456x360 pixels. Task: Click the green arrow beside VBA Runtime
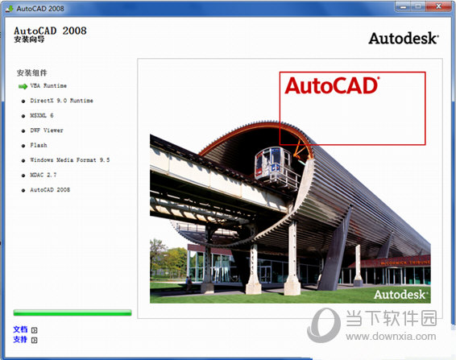[x=23, y=85]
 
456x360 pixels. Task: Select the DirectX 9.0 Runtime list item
[x=61, y=101]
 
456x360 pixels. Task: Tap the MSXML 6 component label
[x=42, y=115]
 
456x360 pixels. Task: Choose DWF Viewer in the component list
[x=47, y=130]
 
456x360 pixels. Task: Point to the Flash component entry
[x=39, y=146]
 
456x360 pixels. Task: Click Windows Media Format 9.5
[x=69, y=160]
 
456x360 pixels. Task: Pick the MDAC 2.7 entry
[x=44, y=175]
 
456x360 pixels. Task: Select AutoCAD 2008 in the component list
[x=50, y=190]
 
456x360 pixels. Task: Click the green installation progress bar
[x=73, y=312]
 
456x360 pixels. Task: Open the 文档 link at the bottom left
[x=20, y=329]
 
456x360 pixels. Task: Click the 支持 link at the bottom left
[x=20, y=339]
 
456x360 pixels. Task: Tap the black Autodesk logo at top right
[x=403, y=38]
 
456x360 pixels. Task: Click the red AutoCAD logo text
[x=331, y=85]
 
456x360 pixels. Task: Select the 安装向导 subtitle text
[x=30, y=39]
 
